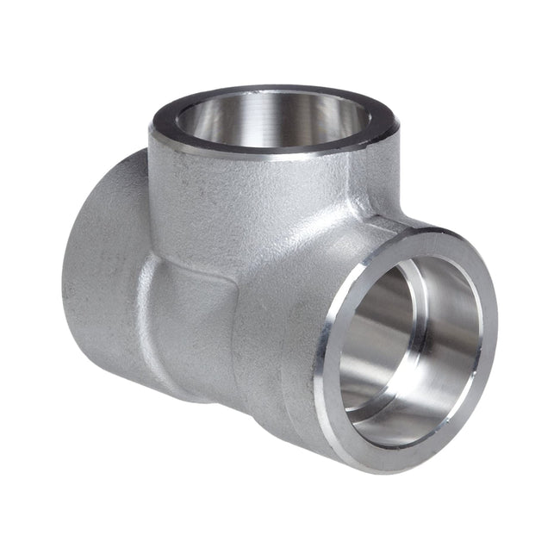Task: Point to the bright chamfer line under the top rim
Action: [258, 158]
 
